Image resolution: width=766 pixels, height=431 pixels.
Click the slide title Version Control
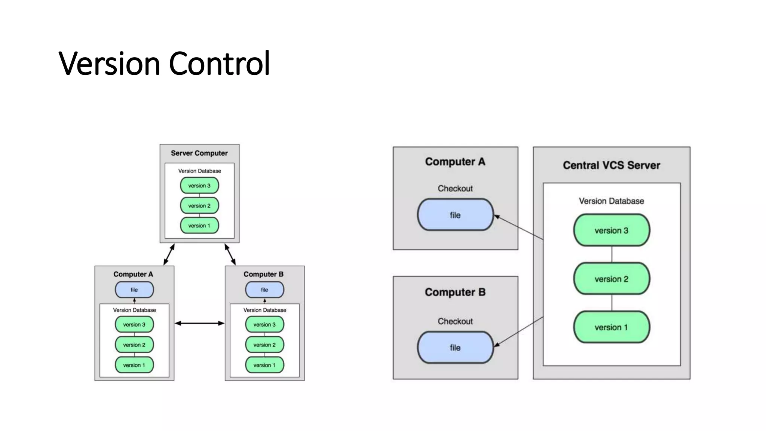[x=164, y=63]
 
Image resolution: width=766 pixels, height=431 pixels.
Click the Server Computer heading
[x=199, y=153]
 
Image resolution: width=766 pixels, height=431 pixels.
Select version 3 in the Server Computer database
[x=199, y=186]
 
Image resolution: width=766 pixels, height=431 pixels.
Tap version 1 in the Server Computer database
[x=199, y=226]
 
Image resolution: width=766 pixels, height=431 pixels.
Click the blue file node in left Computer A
[x=134, y=290]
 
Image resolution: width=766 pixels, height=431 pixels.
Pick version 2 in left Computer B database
[x=264, y=345]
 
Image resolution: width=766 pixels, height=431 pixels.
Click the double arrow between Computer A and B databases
[x=199, y=323]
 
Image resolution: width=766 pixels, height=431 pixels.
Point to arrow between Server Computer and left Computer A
[x=169, y=254]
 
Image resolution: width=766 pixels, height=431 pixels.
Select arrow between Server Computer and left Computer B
[x=230, y=254]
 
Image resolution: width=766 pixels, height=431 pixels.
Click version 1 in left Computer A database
[x=134, y=365]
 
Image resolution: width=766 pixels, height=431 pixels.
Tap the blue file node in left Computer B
[x=264, y=290]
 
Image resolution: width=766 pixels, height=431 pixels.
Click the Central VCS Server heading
[x=611, y=165]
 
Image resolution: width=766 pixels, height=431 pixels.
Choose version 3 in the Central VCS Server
[x=612, y=230]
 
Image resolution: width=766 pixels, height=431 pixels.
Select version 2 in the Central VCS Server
[x=612, y=279]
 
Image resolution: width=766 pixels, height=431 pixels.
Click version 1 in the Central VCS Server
[x=612, y=327]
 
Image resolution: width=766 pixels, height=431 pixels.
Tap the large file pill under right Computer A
[x=455, y=215]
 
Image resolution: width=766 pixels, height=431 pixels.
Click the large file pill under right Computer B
[x=455, y=348]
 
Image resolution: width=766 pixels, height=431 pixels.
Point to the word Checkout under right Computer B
[x=455, y=321]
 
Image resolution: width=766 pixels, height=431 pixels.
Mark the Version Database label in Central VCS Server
[x=611, y=201]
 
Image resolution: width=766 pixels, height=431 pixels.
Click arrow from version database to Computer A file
[x=519, y=227]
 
